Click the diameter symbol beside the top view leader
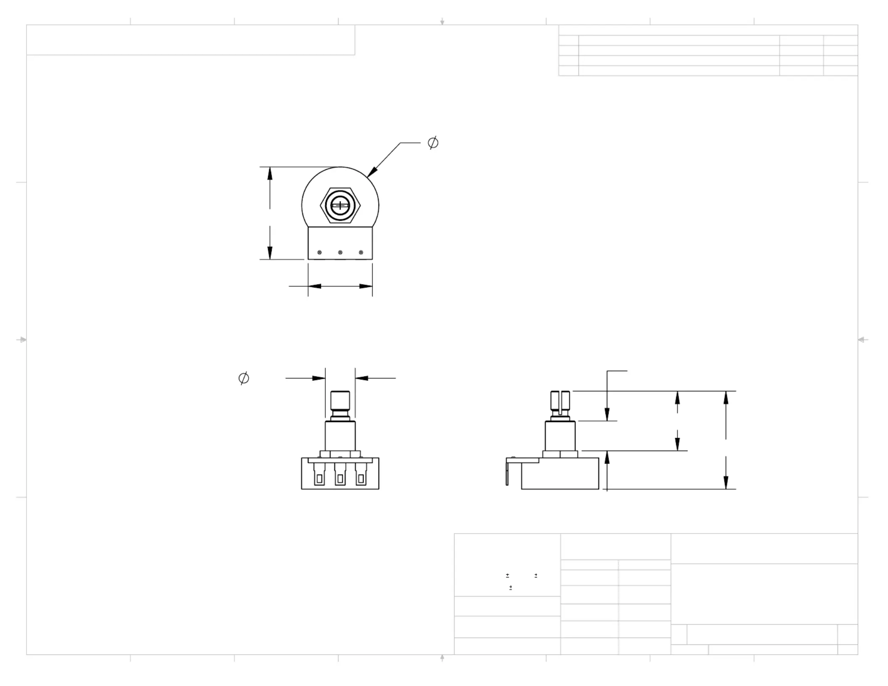433,143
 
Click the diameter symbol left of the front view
243,378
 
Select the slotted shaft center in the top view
340,206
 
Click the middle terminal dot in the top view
340,252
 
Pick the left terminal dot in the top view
320,252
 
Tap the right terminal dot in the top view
361,252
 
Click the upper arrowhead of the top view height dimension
270,173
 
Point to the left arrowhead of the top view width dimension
314,286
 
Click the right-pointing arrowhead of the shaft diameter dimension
319,378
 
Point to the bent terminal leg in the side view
507,473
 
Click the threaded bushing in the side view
560,435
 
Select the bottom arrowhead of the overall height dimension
726,483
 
